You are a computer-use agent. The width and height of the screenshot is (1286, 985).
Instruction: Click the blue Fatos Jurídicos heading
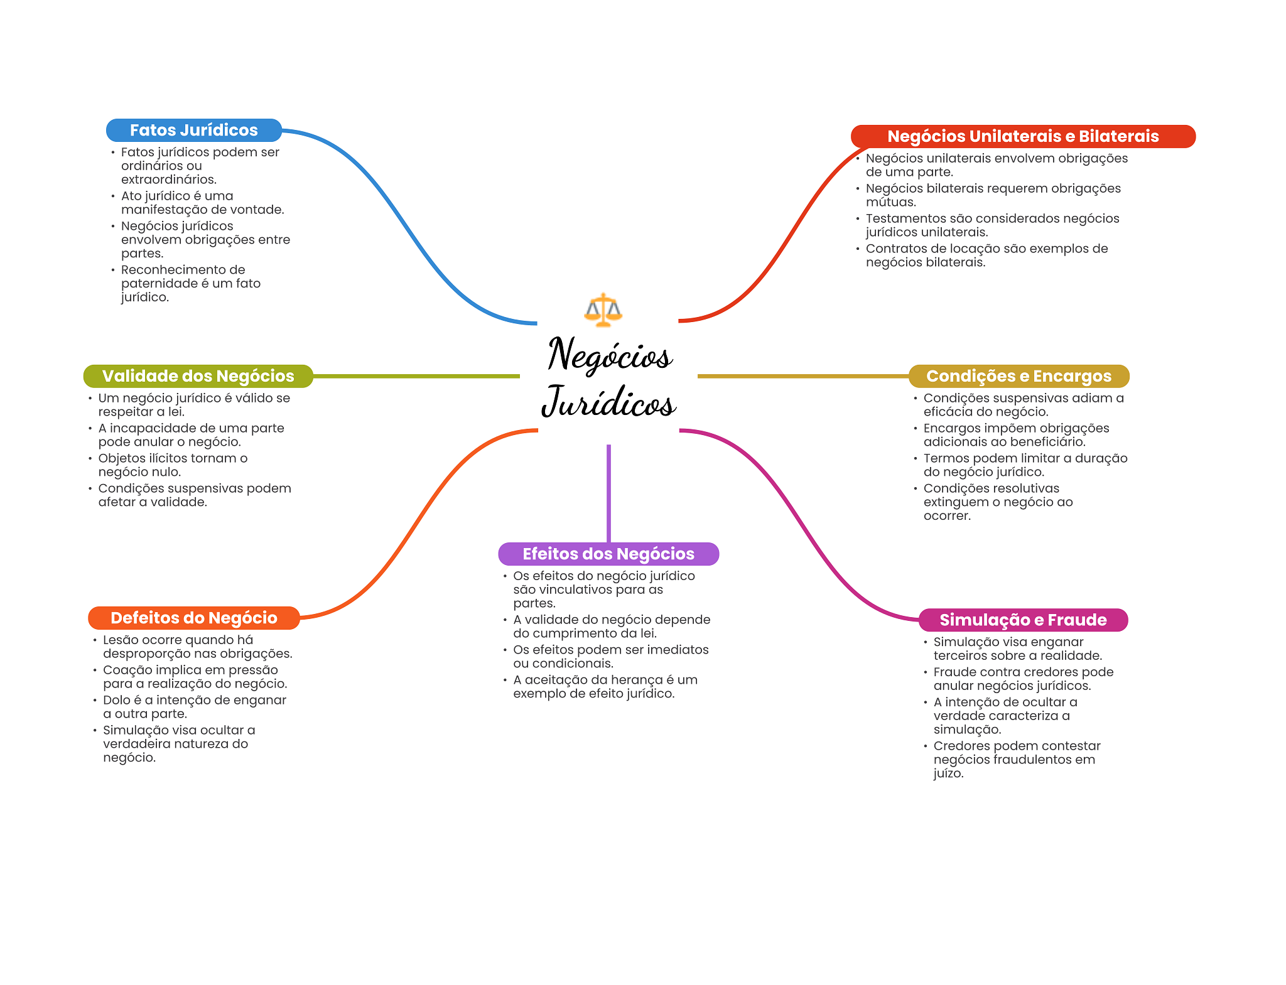coord(194,130)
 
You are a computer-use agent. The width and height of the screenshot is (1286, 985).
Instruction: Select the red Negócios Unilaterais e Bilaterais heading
coord(1023,136)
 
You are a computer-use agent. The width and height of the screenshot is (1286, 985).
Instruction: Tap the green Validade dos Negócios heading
coord(198,376)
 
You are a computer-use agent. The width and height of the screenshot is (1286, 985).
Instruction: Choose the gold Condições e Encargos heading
coord(1019,376)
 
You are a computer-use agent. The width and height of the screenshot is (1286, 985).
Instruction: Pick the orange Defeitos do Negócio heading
coord(194,618)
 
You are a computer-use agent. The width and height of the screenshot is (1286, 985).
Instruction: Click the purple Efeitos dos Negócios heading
coord(608,554)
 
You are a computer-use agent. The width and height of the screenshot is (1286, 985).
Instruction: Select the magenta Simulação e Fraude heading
coord(1023,620)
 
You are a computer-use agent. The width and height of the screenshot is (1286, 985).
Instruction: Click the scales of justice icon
coord(603,310)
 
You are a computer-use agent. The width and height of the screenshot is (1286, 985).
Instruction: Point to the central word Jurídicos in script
coord(608,402)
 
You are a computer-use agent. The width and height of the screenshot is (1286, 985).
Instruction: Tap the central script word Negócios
coord(610,355)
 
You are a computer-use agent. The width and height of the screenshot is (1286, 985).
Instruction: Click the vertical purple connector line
coord(608,493)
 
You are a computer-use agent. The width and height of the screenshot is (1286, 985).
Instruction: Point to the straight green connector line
coord(416,376)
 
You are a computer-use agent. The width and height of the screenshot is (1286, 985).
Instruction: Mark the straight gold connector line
coord(803,376)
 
